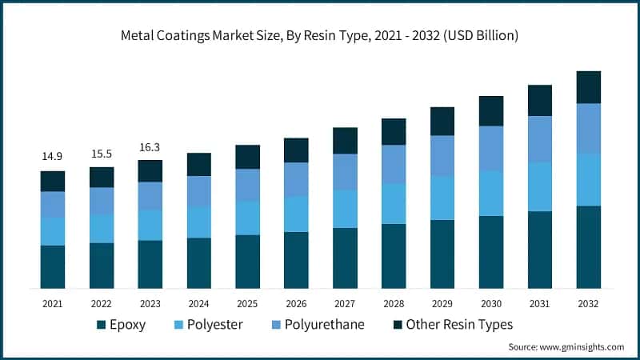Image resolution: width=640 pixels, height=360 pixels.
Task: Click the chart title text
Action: pos(320,34)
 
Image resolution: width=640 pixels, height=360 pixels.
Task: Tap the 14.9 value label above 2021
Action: pos(53,155)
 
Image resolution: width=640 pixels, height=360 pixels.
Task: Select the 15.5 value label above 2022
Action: pos(102,152)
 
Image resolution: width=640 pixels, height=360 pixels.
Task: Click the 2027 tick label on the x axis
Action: pos(345,304)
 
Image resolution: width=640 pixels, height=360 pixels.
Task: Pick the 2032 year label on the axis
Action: pos(589,304)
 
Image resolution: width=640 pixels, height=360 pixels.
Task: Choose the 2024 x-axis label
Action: pos(199,304)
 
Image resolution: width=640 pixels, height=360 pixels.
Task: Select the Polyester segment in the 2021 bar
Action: pos(53,231)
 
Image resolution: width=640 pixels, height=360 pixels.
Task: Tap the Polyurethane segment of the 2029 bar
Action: pos(442,156)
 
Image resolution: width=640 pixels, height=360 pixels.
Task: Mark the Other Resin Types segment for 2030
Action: pos(491,111)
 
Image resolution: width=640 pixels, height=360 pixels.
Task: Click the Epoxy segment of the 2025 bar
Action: pos(248,261)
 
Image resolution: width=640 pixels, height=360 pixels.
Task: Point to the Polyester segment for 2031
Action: pos(540,186)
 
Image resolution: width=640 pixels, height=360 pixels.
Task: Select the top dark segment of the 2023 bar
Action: pos(150,170)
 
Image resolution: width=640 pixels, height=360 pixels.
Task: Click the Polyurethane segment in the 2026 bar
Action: pos(297,179)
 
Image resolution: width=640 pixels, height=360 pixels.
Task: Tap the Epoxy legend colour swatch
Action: pos(101,325)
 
